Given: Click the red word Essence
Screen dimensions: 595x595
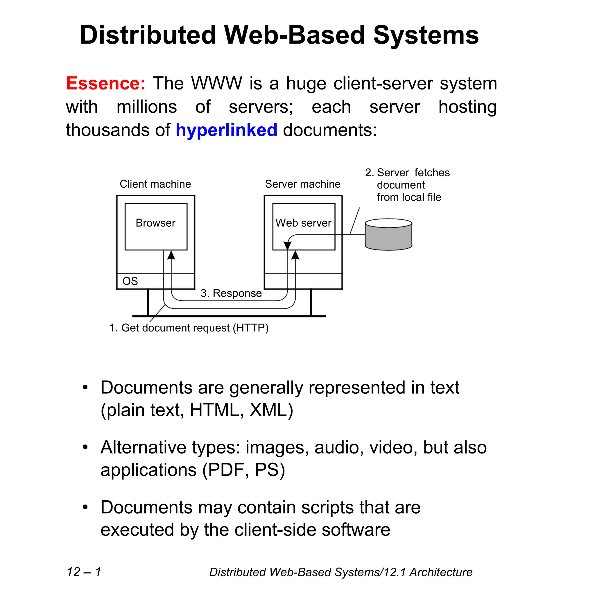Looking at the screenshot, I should point(105,83).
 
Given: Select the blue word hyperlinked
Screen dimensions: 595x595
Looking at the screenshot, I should point(226,130).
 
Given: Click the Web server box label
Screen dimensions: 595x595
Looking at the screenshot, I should point(303,223).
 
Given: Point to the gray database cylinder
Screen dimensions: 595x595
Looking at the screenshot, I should point(388,235).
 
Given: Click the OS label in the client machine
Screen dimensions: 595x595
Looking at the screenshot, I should point(130,281).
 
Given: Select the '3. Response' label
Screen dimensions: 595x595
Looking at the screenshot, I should point(231,293).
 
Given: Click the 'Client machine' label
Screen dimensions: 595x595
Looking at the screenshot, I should point(155,184).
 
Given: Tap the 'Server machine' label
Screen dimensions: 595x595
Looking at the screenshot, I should point(303,184).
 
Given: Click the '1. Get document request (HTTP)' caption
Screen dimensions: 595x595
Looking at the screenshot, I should point(189,328).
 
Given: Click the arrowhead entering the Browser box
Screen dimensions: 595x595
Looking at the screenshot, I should point(171,255).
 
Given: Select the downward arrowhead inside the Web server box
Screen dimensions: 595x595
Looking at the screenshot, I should point(287,245).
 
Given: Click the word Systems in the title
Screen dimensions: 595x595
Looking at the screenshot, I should point(426,35).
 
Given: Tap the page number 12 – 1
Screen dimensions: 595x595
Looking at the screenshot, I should point(84,572).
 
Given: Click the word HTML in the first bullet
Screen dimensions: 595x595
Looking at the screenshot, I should point(215,410).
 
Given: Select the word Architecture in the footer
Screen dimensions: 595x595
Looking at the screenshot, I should point(441,572).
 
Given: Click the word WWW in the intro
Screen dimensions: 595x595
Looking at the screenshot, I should point(216,83).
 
